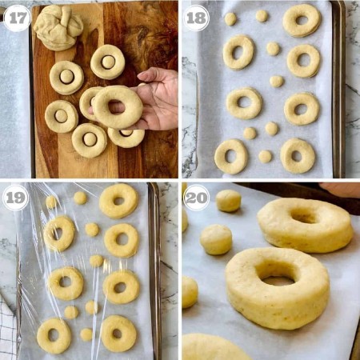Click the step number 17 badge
18,18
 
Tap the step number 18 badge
196,18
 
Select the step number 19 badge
15,198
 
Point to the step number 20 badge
196,198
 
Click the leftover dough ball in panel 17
58,27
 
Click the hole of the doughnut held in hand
117,106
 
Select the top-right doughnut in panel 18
302,21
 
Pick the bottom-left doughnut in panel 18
231,156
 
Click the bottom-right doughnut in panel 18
298,156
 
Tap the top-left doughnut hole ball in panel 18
230,19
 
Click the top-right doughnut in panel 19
119,201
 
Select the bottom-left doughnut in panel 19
54,335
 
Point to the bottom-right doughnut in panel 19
118,334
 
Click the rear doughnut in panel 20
306,226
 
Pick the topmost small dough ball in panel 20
228,201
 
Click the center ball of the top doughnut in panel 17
108,62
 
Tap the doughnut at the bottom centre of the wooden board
90,141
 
